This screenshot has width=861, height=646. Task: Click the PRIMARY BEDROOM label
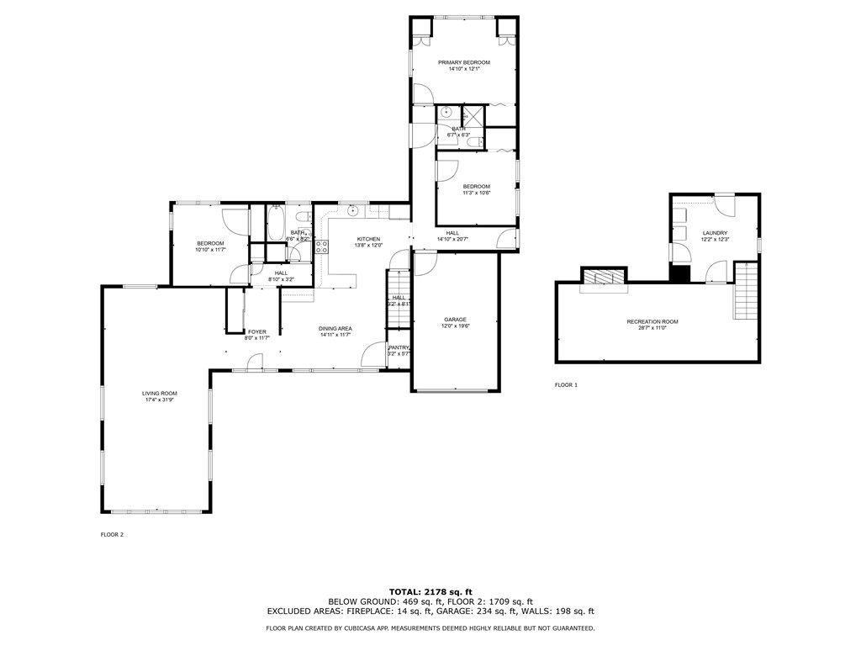click(x=463, y=62)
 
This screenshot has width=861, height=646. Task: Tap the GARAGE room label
click(x=455, y=320)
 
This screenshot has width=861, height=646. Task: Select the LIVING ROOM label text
click(x=159, y=393)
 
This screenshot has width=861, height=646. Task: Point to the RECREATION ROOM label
click(x=652, y=321)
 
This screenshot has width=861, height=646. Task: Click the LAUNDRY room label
click(x=715, y=233)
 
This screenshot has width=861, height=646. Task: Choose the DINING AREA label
click(x=335, y=328)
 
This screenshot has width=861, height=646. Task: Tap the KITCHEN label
click(x=368, y=239)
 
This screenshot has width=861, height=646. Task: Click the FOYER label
click(x=256, y=331)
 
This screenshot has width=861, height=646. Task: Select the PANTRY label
click(x=399, y=347)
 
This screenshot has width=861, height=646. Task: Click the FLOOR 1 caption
click(x=566, y=384)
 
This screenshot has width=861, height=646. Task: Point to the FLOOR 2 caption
click(x=112, y=534)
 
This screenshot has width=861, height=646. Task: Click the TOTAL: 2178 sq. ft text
click(x=430, y=591)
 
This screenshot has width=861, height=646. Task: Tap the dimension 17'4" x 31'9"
click(x=159, y=400)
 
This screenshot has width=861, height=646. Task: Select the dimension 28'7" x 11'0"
click(x=652, y=328)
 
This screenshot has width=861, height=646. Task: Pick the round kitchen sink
click(x=354, y=211)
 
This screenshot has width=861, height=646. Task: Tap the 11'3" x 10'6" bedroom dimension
click(x=476, y=193)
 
